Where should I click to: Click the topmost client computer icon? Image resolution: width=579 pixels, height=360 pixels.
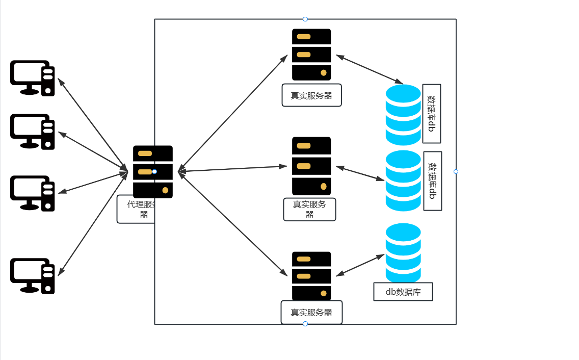click(32, 78)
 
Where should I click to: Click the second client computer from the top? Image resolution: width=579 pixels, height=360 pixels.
click(32, 132)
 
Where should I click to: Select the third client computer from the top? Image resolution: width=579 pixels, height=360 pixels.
click(32, 193)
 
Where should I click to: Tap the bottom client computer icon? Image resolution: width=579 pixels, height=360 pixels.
click(32, 276)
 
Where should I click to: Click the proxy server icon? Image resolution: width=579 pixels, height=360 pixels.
click(153, 172)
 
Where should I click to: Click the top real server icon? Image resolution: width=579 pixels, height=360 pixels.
click(311, 55)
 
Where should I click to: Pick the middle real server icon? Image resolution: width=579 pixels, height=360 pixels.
click(311, 166)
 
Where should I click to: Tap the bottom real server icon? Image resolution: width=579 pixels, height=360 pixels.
click(311, 276)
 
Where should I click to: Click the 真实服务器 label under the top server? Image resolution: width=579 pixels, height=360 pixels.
click(311, 95)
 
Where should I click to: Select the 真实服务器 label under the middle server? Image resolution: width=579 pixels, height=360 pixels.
click(309, 209)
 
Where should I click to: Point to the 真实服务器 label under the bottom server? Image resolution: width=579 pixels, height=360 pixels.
click(311, 312)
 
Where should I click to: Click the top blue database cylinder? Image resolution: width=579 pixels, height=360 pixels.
click(403, 115)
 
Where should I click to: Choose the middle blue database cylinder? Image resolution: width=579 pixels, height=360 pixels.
click(403, 181)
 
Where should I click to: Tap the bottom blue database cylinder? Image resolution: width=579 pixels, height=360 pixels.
click(403, 252)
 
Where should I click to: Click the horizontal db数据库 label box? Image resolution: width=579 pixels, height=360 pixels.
click(403, 292)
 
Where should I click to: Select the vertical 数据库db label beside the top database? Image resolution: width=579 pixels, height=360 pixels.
click(432, 114)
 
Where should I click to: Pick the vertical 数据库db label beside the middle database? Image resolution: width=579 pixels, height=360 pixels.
click(433, 181)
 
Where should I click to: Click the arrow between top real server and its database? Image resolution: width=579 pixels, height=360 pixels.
click(370, 69)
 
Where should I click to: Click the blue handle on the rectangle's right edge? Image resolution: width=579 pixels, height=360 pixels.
click(456, 171)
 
